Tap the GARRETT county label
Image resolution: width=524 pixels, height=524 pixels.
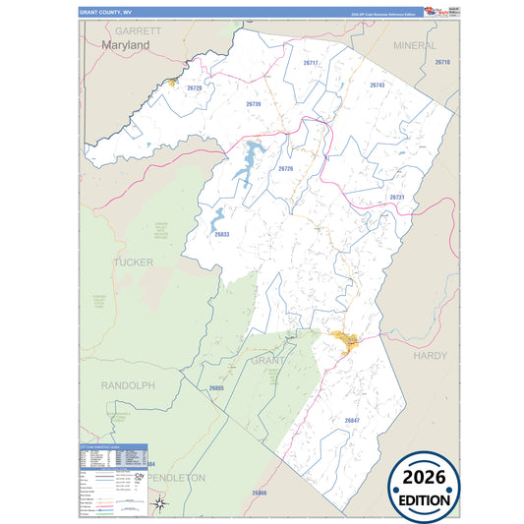[139, 31]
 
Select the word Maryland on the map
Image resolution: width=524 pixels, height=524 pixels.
[125, 45]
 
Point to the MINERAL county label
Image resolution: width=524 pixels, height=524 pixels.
[414, 46]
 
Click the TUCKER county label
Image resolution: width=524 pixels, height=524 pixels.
[134, 262]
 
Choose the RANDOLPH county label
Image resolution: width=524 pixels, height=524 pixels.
[128, 385]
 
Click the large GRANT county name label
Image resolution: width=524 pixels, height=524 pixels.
[268, 361]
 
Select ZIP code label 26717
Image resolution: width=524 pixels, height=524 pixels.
[311, 63]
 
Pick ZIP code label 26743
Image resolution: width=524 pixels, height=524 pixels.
[378, 86]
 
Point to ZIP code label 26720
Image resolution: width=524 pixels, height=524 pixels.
[194, 88]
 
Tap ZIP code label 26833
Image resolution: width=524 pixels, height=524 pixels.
[221, 234]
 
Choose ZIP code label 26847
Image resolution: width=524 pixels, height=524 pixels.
[353, 420]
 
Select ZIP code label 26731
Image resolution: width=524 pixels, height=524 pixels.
[397, 198]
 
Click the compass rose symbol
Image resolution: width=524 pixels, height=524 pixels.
[161, 504]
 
